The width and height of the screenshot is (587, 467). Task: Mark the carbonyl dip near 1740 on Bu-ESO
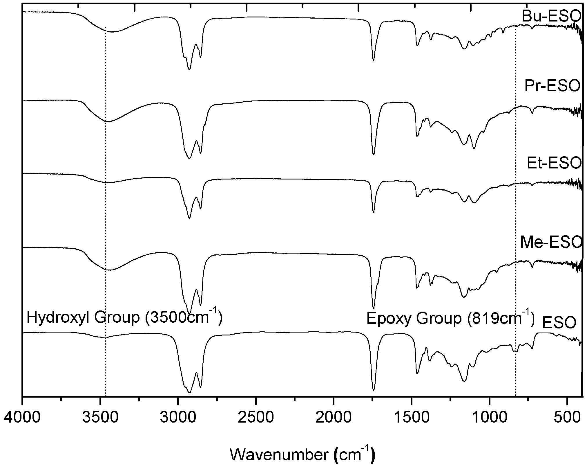[x=373, y=60]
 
